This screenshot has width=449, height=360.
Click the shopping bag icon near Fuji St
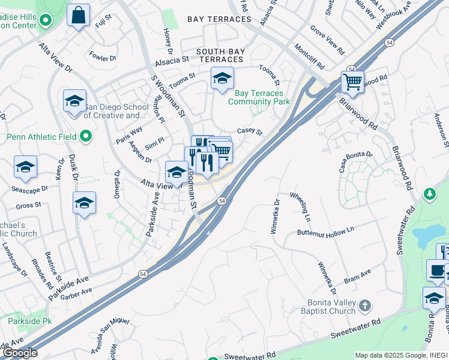click(78, 16)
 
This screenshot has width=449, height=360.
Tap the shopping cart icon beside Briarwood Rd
click(352, 82)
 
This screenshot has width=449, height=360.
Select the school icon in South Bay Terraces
click(222, 79)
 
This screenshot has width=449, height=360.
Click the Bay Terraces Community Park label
click(262, 97)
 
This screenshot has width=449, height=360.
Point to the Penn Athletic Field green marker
click(86, 137)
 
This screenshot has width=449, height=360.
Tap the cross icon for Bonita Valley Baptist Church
click(364, 307)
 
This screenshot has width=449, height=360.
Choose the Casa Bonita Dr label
click(355, 162)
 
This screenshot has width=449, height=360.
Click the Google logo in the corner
click(20, 353)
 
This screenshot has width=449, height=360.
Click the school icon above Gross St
click(84, 203)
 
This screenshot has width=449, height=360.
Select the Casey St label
click(250, 131)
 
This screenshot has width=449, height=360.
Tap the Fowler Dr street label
click(103, 58)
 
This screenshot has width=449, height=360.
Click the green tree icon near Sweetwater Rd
click(429, 194)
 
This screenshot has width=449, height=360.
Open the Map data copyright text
click(401, 355)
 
